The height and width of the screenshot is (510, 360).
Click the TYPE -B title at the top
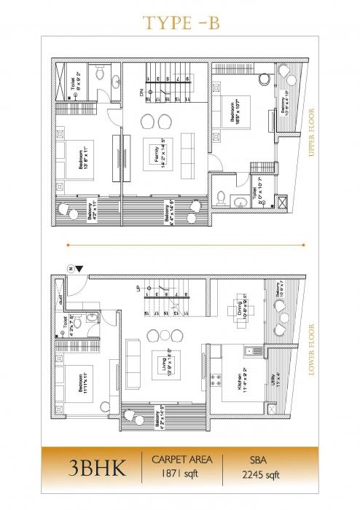point(181,23)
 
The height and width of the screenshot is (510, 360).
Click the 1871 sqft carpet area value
point(181,474)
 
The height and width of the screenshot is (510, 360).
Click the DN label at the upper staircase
point(142,93)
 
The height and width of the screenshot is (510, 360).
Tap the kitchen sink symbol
point(252,351)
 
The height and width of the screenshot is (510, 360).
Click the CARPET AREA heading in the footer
point(181,460)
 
